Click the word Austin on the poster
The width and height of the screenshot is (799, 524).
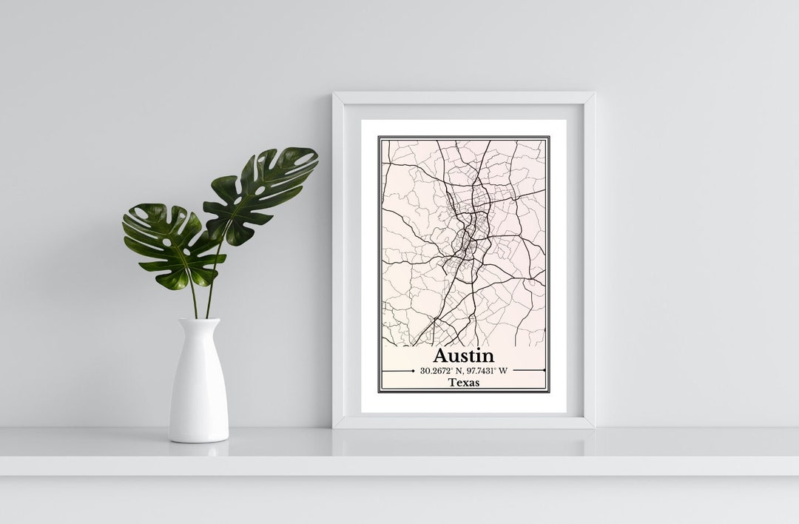click(463, 355)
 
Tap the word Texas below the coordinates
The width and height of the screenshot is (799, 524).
click(464, 383)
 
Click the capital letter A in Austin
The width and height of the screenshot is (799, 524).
click(440, 355)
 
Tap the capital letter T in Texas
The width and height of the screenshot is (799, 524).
click(451, 383)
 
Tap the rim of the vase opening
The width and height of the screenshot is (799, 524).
click(199, 320)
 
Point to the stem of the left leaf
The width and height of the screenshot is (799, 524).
click(192, 296)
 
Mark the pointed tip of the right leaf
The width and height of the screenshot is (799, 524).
click(317, 152)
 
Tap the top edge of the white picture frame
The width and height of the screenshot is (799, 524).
click(464, 97)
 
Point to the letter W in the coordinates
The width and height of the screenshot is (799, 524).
click(503, 370)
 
